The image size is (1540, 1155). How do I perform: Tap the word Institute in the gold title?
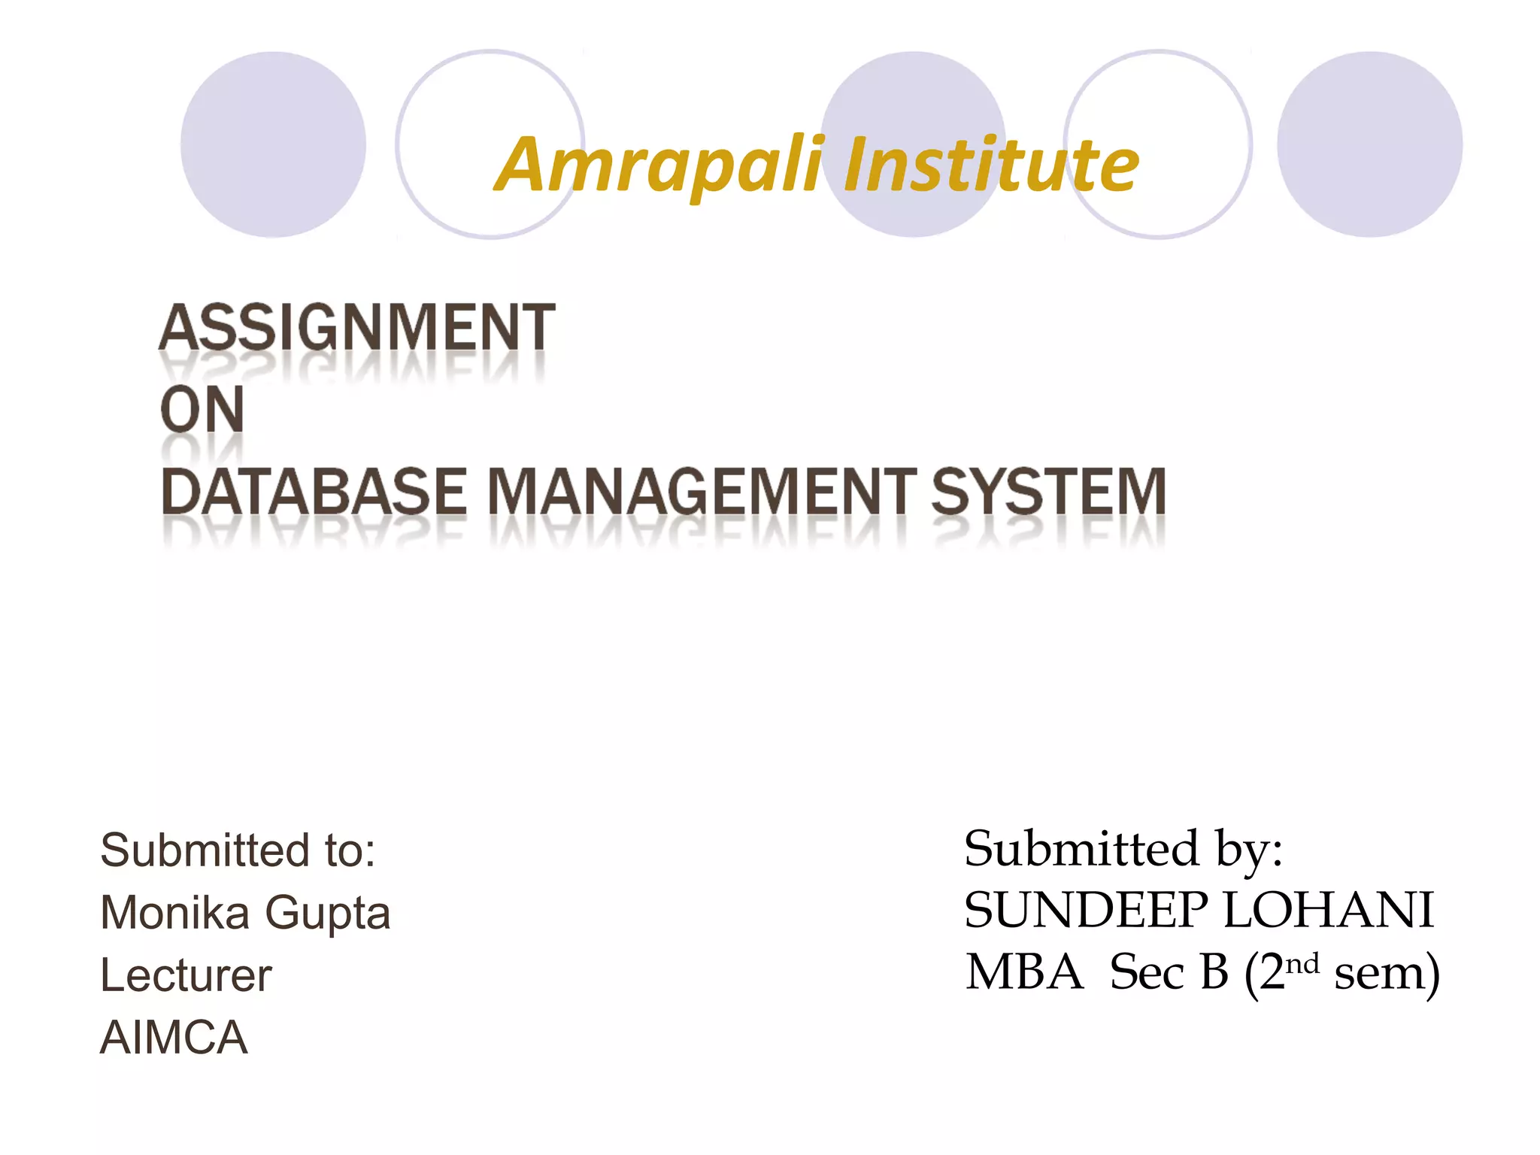[x=991, y=164]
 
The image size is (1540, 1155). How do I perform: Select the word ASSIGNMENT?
[x=357, y=328]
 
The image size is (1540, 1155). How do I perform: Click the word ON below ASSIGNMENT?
[x=202, y=410]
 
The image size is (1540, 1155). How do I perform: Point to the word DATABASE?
[x=314, y=492]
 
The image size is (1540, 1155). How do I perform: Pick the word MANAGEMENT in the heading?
[x=702, y=492]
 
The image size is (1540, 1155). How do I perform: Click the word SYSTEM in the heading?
[x=1048, y=492]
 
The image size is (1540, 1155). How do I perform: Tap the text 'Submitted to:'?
[x=238, y=850]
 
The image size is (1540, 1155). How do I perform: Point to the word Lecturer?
[x=186, y=975]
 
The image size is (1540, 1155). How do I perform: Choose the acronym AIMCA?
[x=174, y=1038]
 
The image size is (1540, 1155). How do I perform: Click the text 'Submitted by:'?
[x=1123, y=849]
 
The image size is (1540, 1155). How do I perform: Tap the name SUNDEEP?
[x=1086, y=911]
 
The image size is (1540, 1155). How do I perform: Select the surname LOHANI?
[x=1329, y=911]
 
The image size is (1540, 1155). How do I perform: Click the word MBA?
[x=1024, y=972]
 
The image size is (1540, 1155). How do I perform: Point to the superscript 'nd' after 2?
[x=1302, y=963]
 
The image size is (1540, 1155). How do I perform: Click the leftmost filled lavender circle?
[x=273, y=144]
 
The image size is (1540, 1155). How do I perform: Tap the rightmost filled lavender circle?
[x=1369, y=144]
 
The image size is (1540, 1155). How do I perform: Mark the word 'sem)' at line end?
[x=1387, y=974]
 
